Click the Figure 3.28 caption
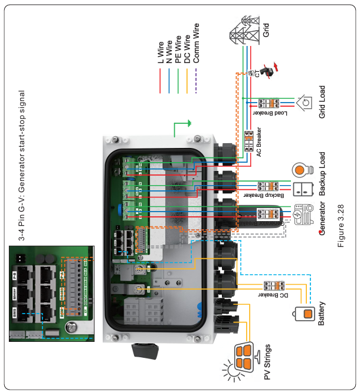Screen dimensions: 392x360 click(342, 222)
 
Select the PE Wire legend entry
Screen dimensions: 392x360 click(178, 50)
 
